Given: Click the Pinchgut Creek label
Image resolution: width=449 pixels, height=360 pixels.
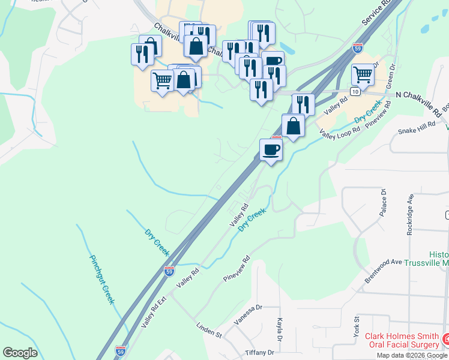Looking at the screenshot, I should click(102, 280).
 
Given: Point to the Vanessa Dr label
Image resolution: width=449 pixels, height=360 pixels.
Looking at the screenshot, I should click(249, 314).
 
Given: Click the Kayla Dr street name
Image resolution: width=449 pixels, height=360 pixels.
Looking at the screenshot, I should click(280, 328).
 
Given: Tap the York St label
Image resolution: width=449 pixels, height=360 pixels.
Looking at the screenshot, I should click(356, 327).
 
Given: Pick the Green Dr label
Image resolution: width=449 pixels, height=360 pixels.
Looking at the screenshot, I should click(391, 73).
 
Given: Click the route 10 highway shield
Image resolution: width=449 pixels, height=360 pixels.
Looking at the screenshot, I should click(355, 91).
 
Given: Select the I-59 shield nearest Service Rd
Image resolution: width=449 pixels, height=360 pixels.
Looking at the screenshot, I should click(357, 47).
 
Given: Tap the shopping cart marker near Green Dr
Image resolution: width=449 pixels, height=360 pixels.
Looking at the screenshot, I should click(363, 75).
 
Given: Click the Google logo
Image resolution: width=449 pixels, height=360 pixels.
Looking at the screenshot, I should click(20, 353).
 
